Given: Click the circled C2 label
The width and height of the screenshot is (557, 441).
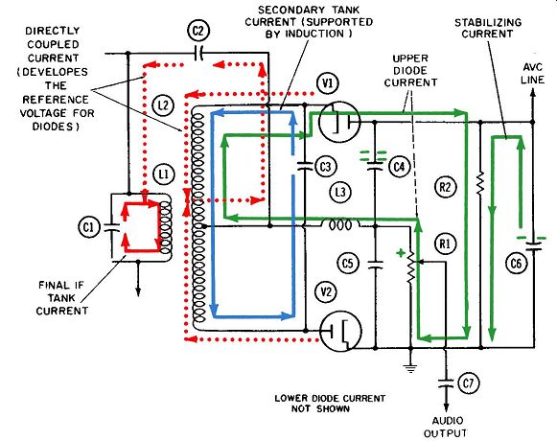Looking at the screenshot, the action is [x=198, y=32].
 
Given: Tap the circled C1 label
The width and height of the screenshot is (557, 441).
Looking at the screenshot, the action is [x=89, y=227].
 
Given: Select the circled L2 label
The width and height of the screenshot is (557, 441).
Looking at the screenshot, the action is [x=163, y=105].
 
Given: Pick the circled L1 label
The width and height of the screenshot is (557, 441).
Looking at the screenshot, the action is [x=164, y=174].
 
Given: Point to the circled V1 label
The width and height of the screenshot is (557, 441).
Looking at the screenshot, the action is [x=328, y=83].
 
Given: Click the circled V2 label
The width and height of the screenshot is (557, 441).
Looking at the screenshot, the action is [x=326, y=291].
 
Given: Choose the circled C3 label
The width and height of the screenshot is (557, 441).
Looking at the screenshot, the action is [x=325, y=167].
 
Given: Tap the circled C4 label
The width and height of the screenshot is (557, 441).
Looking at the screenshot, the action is [x=399, y=166].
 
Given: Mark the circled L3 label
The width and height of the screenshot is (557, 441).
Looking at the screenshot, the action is [x=340, y=192].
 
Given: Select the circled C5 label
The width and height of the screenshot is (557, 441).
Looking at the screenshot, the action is [x=348, y=264].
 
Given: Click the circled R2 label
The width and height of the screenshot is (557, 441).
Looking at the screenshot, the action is [x=445, y=187].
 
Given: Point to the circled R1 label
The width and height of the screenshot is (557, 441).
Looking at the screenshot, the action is [x=445, y=244].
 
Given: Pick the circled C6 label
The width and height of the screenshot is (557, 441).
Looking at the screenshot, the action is [x=516, y=264].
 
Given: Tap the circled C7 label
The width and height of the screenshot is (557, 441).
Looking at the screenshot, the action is [x=468, y=383].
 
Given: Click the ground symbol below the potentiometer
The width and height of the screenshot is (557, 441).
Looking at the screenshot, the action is [x=410, y=368].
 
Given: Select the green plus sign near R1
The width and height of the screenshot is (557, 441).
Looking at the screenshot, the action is [x=401, y=253].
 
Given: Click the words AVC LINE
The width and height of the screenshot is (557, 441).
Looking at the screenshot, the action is [x=532, y=73].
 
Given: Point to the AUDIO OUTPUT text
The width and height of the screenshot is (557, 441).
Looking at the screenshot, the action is [x=445, y=428].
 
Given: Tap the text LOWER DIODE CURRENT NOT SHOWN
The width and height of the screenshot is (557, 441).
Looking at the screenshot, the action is [x=330, y=404].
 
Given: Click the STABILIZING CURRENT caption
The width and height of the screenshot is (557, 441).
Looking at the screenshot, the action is [x=488, y=28].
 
